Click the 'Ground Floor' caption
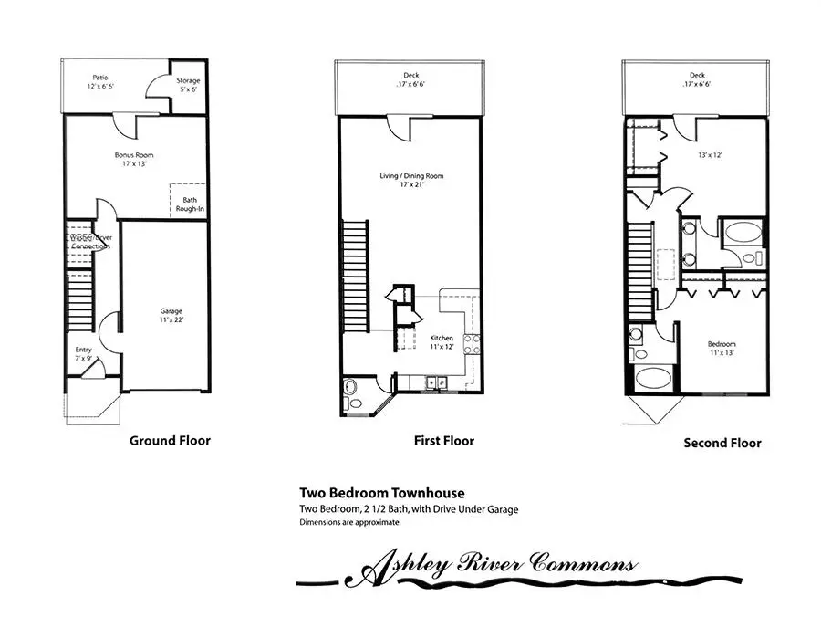click(170, 441)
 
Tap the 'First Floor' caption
click(444, 441)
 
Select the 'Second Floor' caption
click(722, 444)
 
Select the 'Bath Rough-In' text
click(190, 205)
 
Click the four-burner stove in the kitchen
click(473, 344)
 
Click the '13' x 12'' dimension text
click(709, 154)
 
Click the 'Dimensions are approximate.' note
click(350, 523)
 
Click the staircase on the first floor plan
click(355, 278)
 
